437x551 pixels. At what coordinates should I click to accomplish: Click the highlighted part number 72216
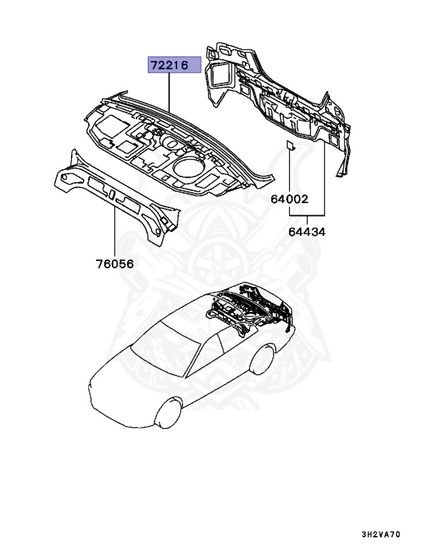[x=169, y=65]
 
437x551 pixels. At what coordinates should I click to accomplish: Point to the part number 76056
[x=115, y=263]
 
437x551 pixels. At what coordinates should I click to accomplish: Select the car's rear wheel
[x=266, y=357]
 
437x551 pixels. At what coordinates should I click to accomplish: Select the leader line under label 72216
[x=169, y=89]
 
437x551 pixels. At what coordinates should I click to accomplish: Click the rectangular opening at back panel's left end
[x=217, y=72]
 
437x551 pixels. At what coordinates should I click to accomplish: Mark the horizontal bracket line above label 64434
[x=309, y=215]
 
